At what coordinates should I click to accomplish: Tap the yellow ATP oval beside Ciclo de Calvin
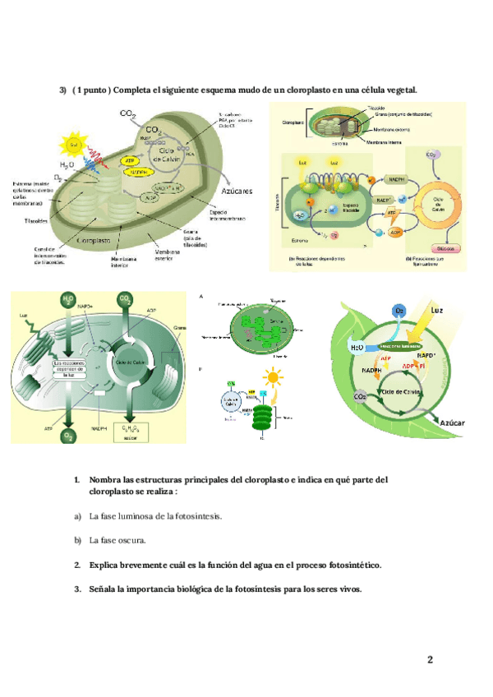129,160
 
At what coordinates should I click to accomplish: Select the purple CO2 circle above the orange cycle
431,155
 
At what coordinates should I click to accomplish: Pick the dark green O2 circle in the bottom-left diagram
68,436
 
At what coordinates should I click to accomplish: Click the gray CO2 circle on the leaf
360,396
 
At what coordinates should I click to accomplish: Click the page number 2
430,659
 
